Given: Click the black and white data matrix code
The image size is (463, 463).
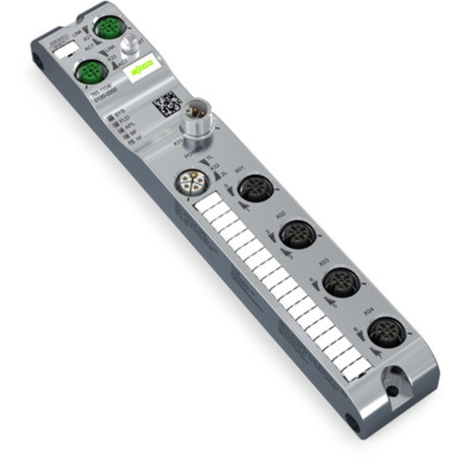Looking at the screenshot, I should click(x=166, y=105).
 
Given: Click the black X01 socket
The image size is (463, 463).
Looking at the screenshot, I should click(x=252, y=189).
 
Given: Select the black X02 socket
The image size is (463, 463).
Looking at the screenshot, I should click(x=296, y=234).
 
